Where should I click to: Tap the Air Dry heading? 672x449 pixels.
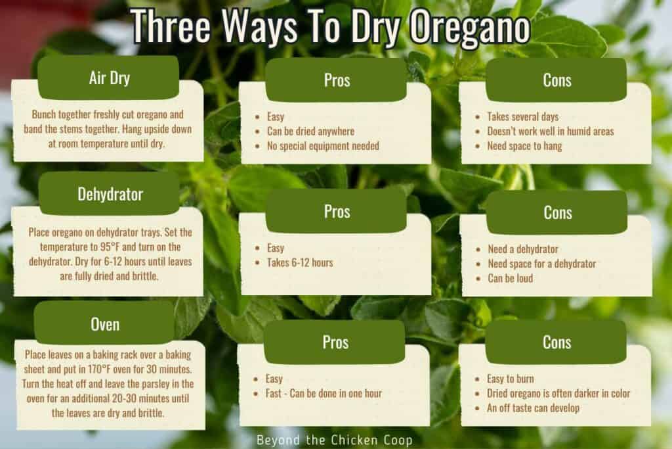[x=109, y=78]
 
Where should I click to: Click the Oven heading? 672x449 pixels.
[x=104, y=323]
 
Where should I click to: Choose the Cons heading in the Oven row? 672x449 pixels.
[x=556, y=342]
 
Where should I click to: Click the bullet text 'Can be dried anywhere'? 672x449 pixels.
[x=310, y=131]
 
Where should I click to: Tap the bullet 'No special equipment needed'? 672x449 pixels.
[x=323, y=146]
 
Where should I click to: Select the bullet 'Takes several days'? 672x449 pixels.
[x=522, y=117]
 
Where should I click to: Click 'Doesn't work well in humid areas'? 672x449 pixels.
[x=550, y=131]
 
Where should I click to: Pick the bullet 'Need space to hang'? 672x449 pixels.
[x=524, y=146]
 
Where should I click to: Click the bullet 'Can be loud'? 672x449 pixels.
[x=510, y=278]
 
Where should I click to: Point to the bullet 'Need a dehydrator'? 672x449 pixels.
[x=523, y=249]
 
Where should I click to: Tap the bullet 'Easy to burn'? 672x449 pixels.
[x=511, y=379]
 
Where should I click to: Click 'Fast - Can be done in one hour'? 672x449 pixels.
[x=324, y=394]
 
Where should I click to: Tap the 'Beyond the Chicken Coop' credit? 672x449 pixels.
[x=335, y=438]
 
